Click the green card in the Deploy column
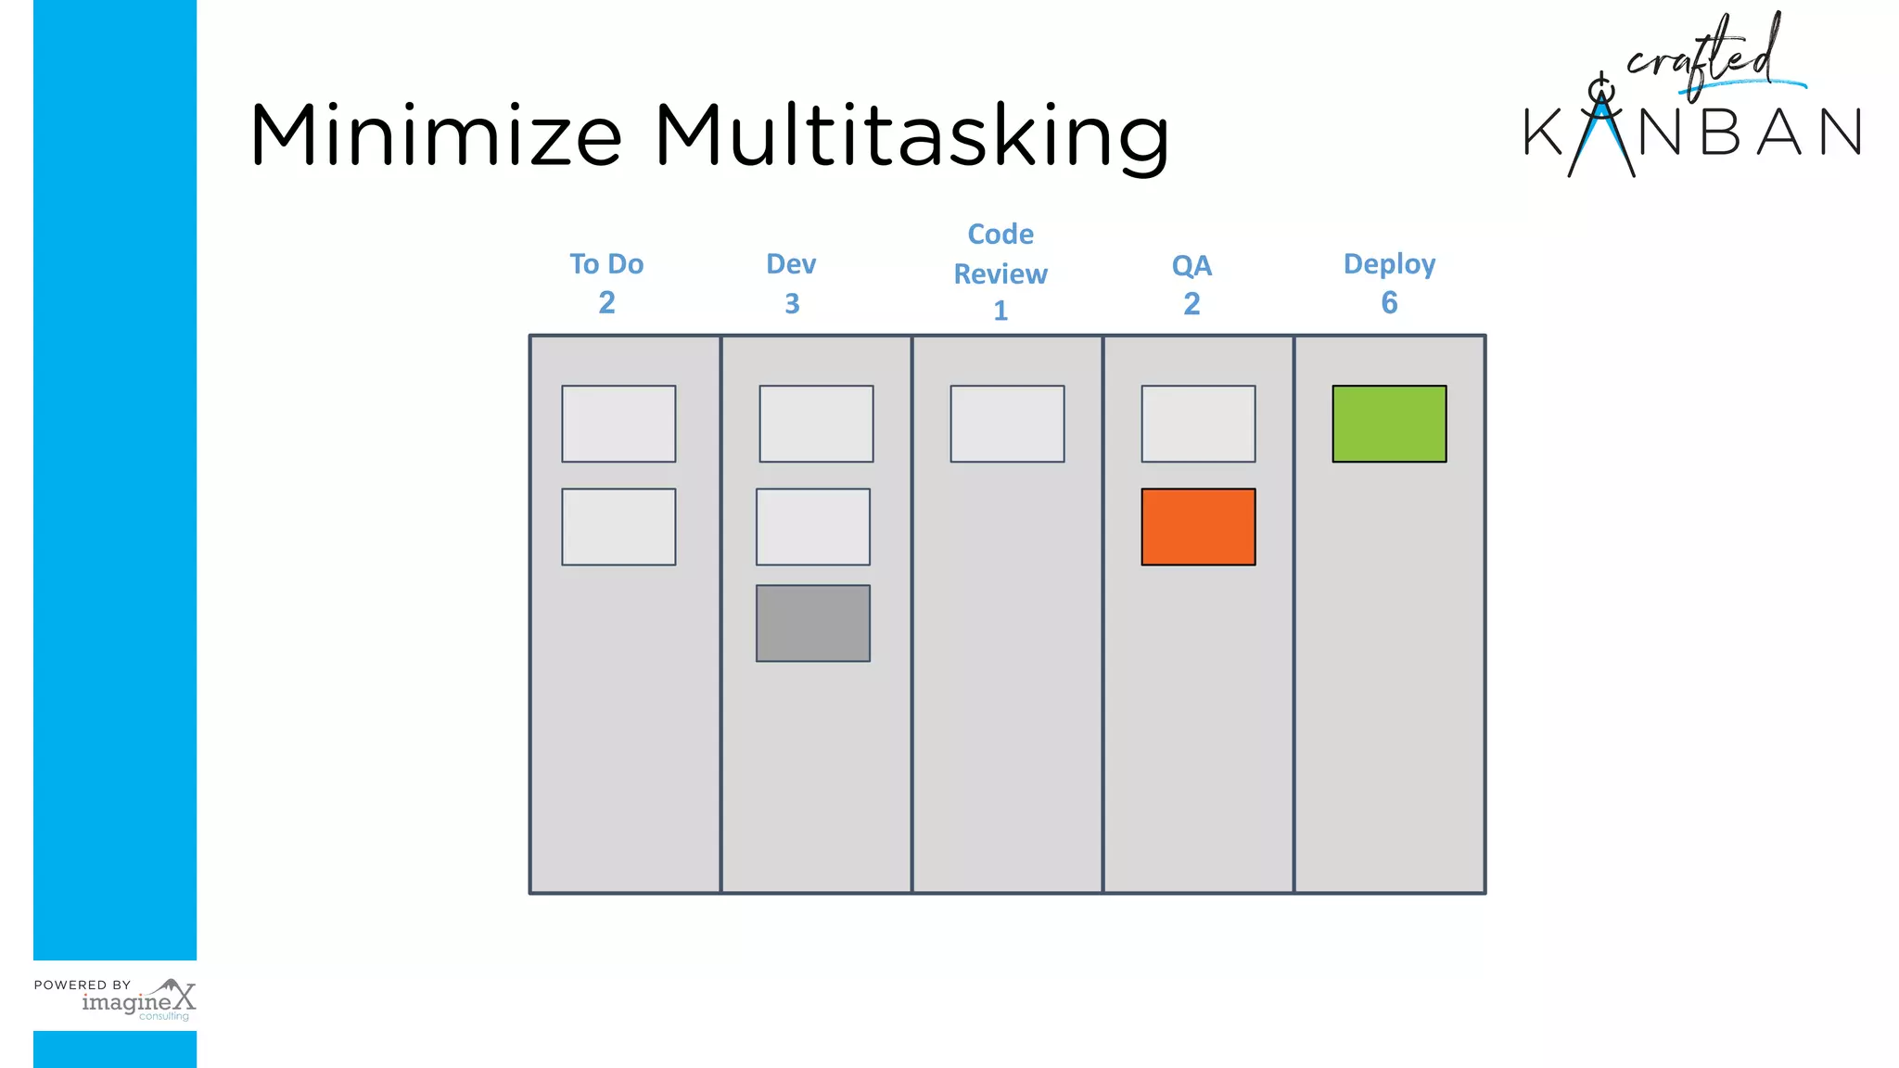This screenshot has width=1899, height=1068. (1389, 424)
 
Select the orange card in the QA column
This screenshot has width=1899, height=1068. (1198, 527)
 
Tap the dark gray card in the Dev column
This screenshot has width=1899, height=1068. (813, 623)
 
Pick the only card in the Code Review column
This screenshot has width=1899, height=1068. (1007, 424)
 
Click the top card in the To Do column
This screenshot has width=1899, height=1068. (618, 424)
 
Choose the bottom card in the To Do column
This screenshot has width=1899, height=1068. (618, 527)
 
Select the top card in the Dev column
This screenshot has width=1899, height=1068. (816, 424)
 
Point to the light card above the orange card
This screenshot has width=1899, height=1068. (1198, 424)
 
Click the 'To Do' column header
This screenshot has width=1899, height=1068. (606, 264)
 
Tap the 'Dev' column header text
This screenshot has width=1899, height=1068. (791, 264)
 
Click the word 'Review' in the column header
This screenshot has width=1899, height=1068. (1000, 274)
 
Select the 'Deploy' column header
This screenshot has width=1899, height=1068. (1389, 265)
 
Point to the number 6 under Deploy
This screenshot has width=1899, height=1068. (1389, 303)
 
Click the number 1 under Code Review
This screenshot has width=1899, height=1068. (1000, 311)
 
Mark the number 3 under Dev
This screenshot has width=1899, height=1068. (792, 304)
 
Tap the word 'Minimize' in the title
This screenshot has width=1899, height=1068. (436, 136)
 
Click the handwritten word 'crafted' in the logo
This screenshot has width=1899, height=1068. (1706, 56)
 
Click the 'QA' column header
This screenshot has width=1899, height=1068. (1192, 266)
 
